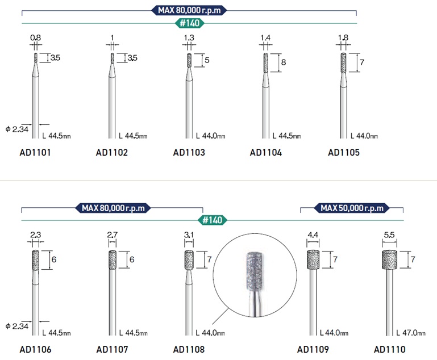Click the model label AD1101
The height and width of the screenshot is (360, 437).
35,152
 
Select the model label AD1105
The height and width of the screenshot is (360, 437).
344,152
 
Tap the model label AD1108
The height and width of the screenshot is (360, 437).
189,349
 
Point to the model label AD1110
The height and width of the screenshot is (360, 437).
389,349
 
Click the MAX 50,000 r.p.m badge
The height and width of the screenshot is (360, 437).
352,208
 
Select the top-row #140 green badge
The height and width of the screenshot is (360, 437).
189,23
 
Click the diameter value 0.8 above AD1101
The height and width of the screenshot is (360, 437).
35,37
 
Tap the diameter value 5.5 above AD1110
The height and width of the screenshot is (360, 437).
389,235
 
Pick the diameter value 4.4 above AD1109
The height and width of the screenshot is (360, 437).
313,235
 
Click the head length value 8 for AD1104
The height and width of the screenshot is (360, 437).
284,62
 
